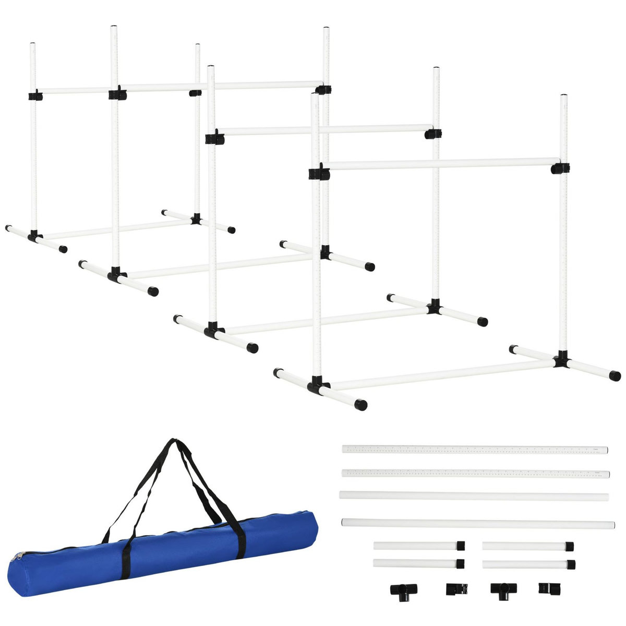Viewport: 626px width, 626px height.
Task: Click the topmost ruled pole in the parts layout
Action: click(x=475, y=449)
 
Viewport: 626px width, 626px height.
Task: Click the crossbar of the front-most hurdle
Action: click(x=438, y=164)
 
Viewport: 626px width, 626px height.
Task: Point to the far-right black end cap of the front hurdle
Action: click(x=615, y=375)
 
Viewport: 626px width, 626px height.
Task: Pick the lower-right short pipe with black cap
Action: click(x=528, y=564)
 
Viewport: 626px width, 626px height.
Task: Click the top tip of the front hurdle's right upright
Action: click(x=564, y=97)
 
